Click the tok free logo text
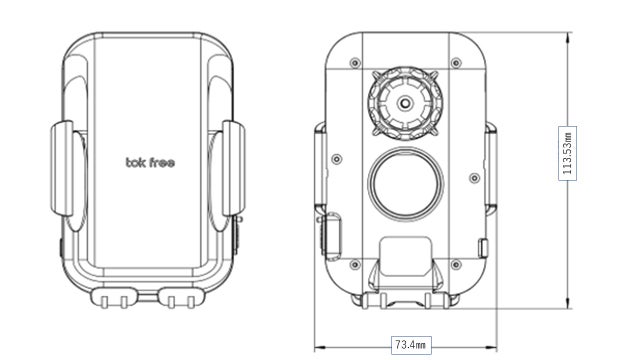150,162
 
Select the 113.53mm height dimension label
567,153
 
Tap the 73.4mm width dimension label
411,345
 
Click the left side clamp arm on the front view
62,168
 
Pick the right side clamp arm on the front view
234,168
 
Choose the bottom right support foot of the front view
181,298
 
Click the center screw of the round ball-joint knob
405,103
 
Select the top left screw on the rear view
356,63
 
